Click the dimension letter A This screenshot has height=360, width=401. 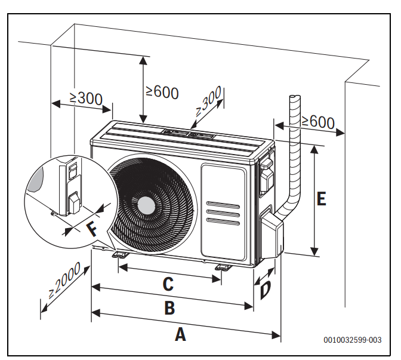pos(180,334)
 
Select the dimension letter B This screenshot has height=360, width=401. pos(169,309)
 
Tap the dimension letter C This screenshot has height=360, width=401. pos(168,284)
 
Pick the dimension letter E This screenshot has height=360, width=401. pos(321,199)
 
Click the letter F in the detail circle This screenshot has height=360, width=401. pos(91,229)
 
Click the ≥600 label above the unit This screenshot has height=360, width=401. pos(162,91)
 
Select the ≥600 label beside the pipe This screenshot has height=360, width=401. pos(317,122)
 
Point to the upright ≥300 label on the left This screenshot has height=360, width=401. pos(85,99)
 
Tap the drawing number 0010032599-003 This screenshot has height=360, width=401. pos(353,340)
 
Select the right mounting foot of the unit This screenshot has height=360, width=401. pos(222,267)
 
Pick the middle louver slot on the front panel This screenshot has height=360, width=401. pos(223,213)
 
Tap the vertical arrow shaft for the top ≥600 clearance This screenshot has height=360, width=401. pos(143,90)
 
